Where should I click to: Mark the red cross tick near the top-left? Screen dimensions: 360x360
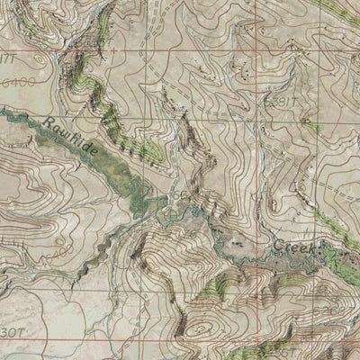click(x=113, y=51)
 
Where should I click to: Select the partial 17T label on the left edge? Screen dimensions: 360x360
click(x=6, y=58)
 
